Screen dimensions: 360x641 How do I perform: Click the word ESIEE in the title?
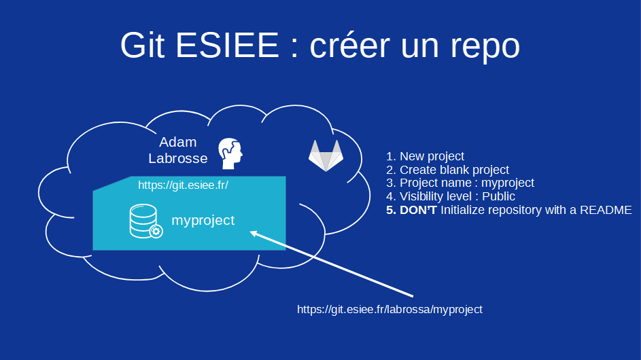[x=227, y=46]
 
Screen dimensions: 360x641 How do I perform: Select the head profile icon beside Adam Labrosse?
[x=229, y=154]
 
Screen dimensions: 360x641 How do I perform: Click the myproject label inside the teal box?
[x=203, y=221]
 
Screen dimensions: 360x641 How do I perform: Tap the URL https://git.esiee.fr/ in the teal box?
[x=183, y=185]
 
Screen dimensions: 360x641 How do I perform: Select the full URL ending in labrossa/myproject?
[x=389, y=309]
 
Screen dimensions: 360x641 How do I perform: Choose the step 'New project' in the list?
[x=432, y=156]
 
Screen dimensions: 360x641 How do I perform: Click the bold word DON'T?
[x=418, y=211]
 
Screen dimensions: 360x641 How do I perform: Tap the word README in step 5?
[x=606, y=211]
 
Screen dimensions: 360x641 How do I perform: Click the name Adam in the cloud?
[x=177, y=143]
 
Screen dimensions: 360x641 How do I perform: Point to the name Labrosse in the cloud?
[x=177, y=158]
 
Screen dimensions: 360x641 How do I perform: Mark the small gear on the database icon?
[x=156, y=232]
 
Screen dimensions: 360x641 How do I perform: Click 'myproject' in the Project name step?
[x=507, y=183]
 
